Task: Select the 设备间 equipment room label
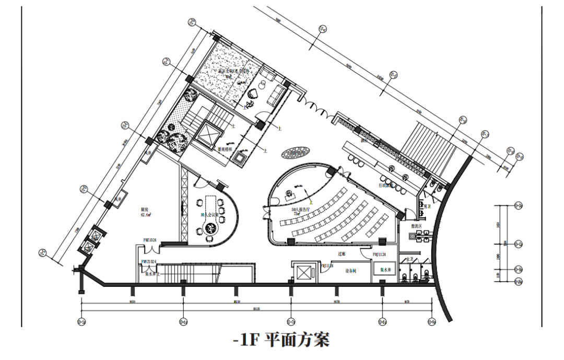pos(351,271)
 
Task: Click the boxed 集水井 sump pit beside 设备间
pos(385,270)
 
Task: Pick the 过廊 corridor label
pos(342,253)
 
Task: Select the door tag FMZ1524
pos(150,240)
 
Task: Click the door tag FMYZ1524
pos(148,261)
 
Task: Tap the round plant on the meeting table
pos(211,228)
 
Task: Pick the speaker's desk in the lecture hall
pos(290,194)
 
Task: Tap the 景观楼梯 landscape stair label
pos(225,148)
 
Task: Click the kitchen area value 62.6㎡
pos(146,214)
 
